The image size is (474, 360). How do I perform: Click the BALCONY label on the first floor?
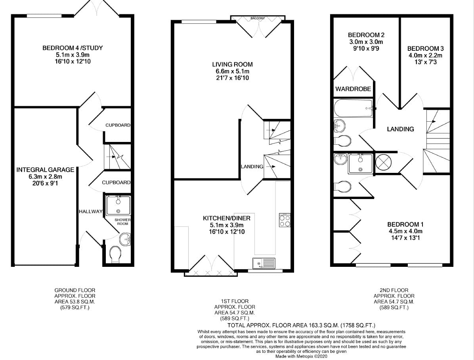258,19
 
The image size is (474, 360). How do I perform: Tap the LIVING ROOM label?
232,65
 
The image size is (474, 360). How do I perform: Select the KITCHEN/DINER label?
226,218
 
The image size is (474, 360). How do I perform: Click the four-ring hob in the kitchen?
285,220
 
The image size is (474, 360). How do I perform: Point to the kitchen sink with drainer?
264,263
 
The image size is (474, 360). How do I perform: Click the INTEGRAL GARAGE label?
45,170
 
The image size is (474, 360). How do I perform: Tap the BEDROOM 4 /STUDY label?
73,48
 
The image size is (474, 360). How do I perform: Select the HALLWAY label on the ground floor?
91,211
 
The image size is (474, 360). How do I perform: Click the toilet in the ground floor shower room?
115,255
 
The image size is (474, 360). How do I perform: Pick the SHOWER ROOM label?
122,222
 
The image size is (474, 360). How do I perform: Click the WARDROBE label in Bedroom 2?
353,89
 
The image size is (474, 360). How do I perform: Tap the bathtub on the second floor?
354,108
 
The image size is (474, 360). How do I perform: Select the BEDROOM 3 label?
425,48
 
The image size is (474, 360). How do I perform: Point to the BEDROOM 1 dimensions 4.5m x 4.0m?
405,231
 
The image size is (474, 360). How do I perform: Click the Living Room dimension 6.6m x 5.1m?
232,71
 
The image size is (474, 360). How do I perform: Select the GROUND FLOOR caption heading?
75,291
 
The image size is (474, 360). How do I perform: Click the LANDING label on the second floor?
401,129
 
